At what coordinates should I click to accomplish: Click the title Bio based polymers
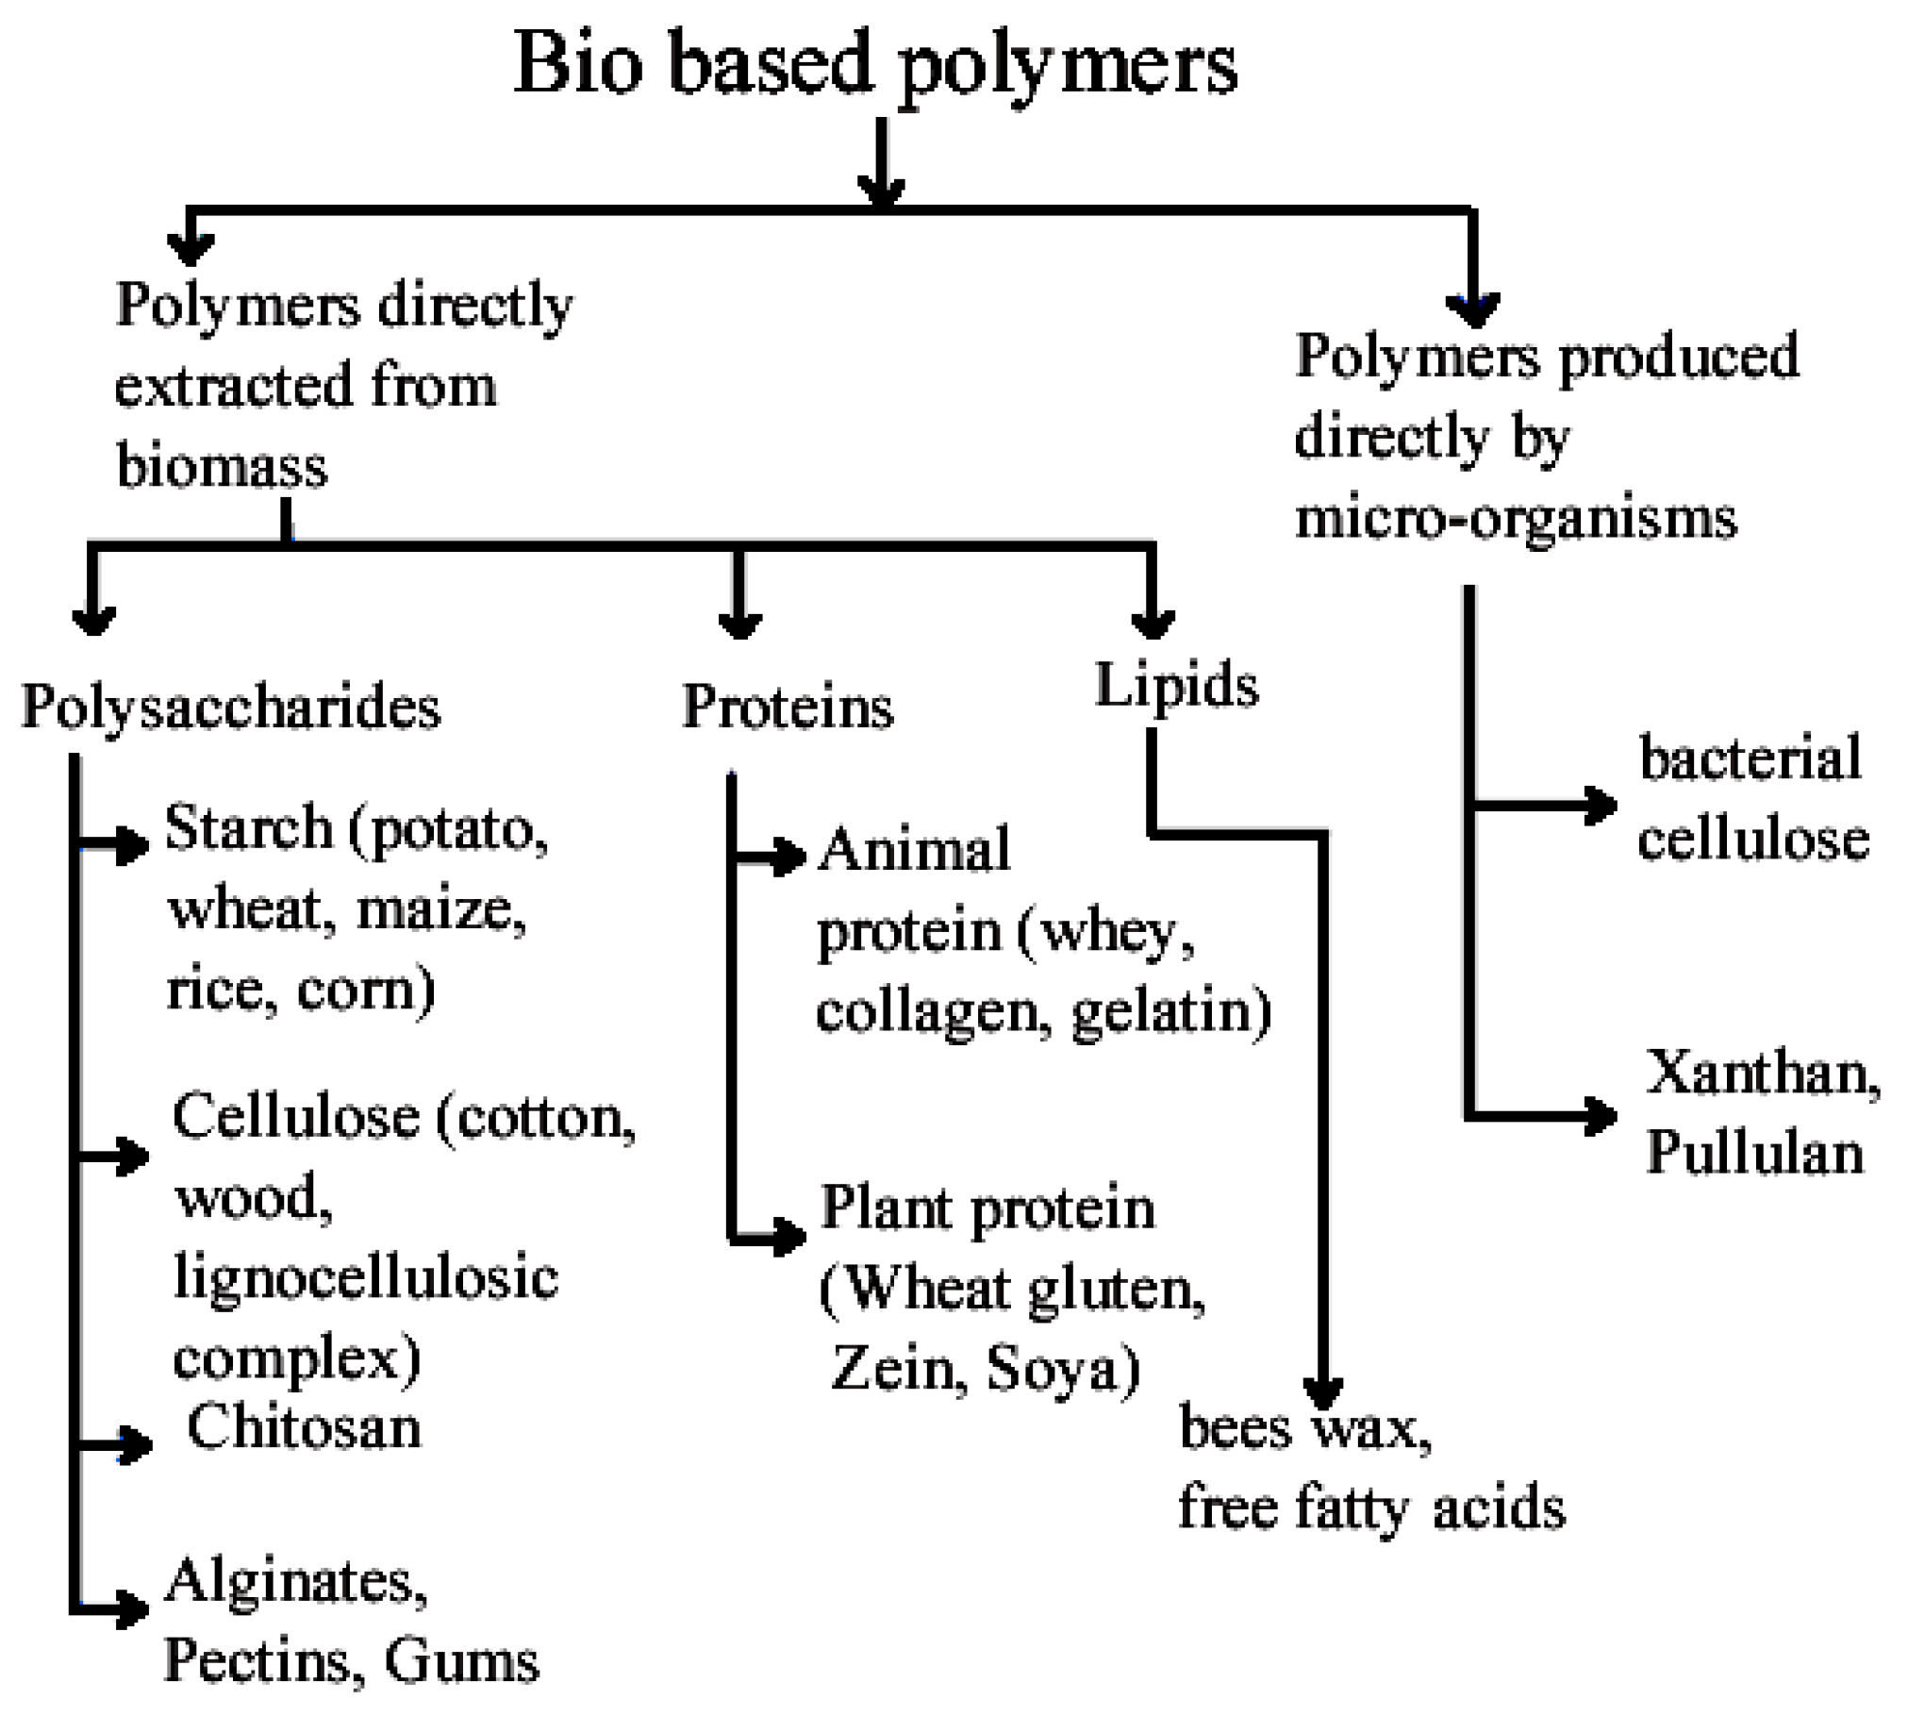point(874,64)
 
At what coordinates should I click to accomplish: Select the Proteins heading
point(788,707)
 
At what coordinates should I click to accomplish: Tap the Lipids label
point(1176,684)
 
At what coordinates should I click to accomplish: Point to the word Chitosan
point(304,1427)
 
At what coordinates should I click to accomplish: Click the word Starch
point(249,828)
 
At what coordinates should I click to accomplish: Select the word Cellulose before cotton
point(296,1117)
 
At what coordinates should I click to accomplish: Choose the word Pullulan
point(1754,1154)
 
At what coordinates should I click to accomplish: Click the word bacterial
point(1750,759)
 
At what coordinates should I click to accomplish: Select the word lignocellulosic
point(366,1277)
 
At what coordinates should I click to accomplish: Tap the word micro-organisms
point(1517,518)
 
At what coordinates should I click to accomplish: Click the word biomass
point(222,466)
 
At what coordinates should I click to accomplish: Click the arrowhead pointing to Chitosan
point(134,1444)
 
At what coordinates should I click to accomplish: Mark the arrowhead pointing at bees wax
point(1323,1391)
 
